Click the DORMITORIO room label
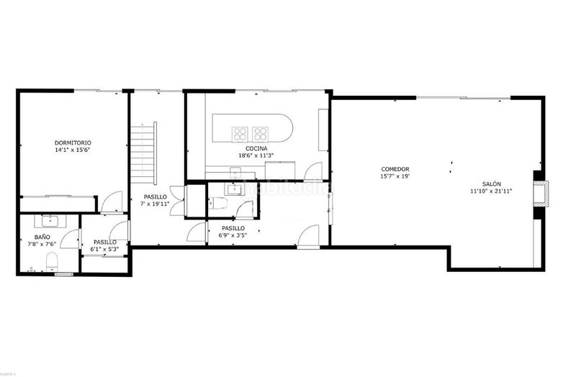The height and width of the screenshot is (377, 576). tap(73, 142)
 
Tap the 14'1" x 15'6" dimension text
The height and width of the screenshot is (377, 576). tap(73, 150)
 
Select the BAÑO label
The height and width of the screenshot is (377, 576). tap(42, 236)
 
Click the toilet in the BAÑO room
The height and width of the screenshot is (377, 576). tap(50, 260)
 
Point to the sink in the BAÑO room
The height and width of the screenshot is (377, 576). tap(50, 219)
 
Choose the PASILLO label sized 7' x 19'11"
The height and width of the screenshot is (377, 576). tap(156, 196)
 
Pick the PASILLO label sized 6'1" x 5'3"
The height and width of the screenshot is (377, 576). tap(105, 242)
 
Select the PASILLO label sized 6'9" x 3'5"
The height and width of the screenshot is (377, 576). tap(233, 228)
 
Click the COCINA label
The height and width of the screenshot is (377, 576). tap(256, 148)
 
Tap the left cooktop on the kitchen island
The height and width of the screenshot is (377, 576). tap(240, 132)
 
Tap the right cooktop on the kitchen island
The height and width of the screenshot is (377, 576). tap(259, 132)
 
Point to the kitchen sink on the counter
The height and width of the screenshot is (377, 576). tap(235, 172)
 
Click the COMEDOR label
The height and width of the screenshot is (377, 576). tap(395, 169)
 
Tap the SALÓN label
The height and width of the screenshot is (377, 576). tap(492, 183)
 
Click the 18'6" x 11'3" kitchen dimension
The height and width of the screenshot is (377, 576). tap(256, 155)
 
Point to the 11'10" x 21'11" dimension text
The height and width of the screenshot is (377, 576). tap(492, 191)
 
